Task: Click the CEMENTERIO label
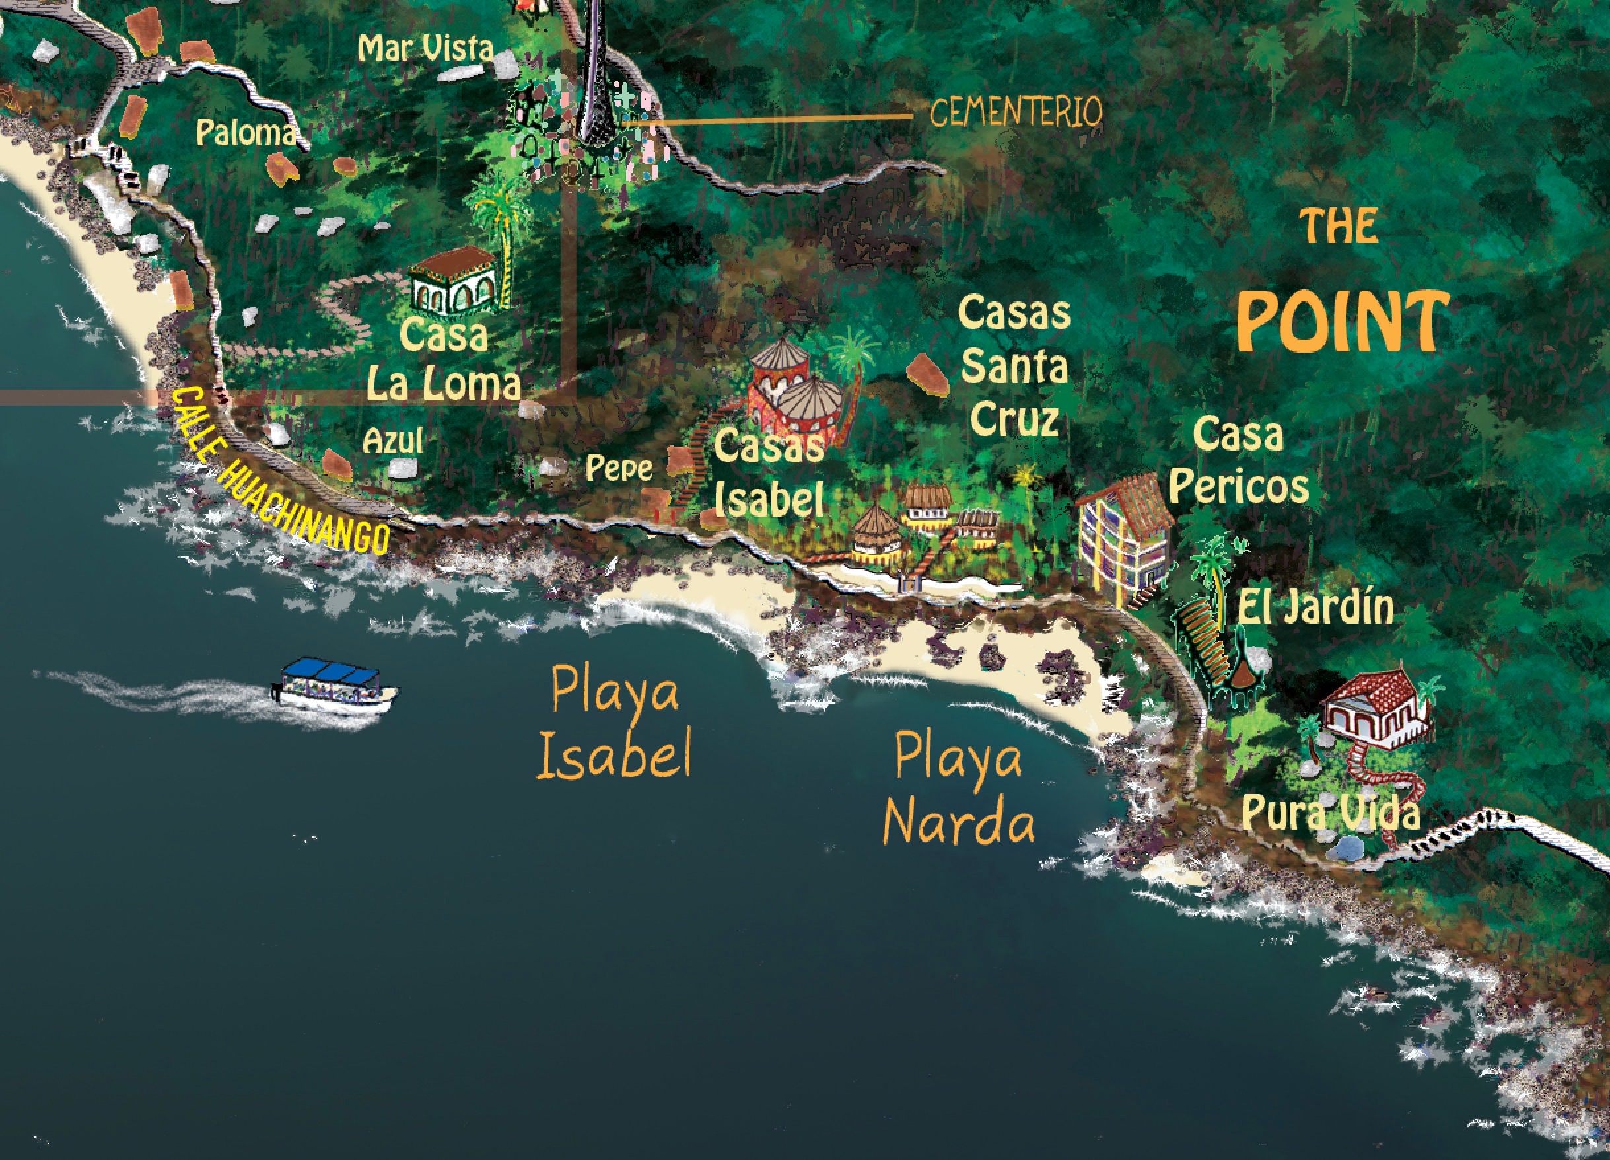click(x=1015, y=112)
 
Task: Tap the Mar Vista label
click(x=425, y=48)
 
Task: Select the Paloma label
click(x=245, y=133)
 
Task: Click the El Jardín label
click(x=1315, y=608)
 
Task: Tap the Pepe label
click(x=618, y=468)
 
